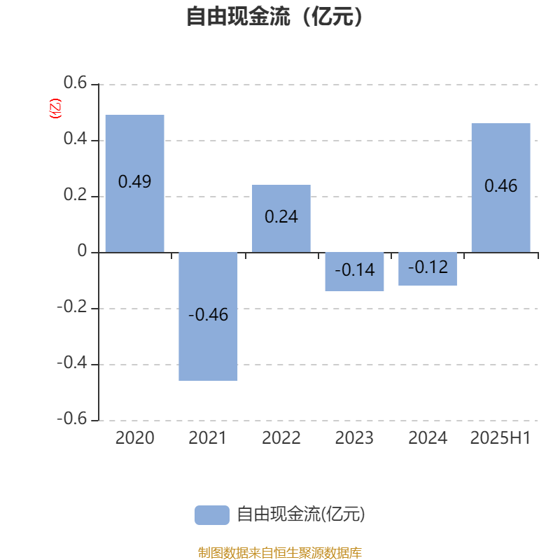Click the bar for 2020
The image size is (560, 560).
[x=134, y=183]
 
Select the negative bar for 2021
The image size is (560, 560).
[x=208, y=316]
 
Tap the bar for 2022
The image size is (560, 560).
[x=281, y=218]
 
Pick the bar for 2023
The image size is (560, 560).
[x=354, y=272]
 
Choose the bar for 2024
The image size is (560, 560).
[x=428, y=269]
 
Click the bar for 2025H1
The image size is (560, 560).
[x=500, y=188]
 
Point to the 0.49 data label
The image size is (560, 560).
[x=134, y=182]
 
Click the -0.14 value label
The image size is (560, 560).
[x=355, y=270]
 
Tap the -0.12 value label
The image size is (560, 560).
[x=428, y=267]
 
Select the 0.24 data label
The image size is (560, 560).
[x=281, y=217]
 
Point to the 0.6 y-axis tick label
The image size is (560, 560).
[x=75, y=83]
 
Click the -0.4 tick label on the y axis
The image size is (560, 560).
[x=72, y=363]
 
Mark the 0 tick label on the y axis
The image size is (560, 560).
[x=82, y=251]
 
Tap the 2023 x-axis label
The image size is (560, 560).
[x=354, y=438]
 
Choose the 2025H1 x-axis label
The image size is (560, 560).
[x=500, y=438]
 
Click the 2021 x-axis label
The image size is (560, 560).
[x=207, y=438]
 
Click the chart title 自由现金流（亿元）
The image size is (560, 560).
[x=275, y=16]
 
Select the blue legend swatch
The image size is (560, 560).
[x=212, y=515]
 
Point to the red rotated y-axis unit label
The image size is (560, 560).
[x=55, y=108]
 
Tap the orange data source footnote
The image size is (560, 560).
[x=279, y=552]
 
